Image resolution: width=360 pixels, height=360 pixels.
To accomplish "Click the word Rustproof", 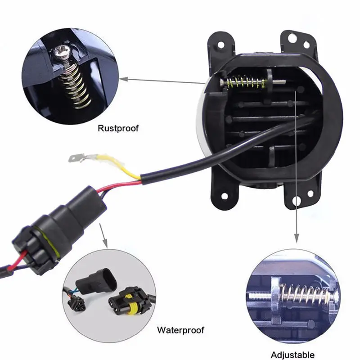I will (x=118, y=128).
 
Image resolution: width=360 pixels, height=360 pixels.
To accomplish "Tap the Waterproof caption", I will (x=180, y=330).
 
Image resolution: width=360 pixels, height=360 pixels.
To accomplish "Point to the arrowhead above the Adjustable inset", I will (x=297, y=239).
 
